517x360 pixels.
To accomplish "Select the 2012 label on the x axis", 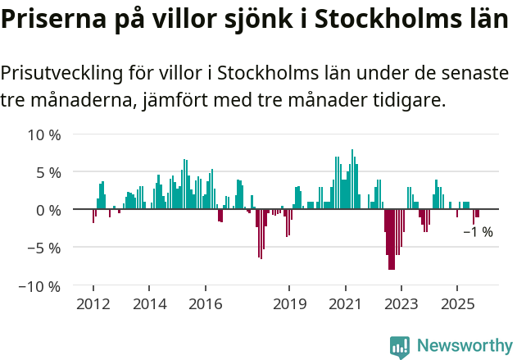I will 93,305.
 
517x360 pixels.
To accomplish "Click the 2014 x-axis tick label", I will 148,305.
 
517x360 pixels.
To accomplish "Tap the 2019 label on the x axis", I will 289,305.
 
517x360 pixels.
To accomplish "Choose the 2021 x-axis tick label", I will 345,305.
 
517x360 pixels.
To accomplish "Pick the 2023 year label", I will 401,305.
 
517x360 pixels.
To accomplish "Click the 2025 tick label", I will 457,305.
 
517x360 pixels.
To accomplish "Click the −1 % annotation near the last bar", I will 478,232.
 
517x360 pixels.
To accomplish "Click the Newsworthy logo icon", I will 400,347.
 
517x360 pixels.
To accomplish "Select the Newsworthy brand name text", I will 464,347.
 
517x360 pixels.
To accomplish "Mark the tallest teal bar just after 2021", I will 352,180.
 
